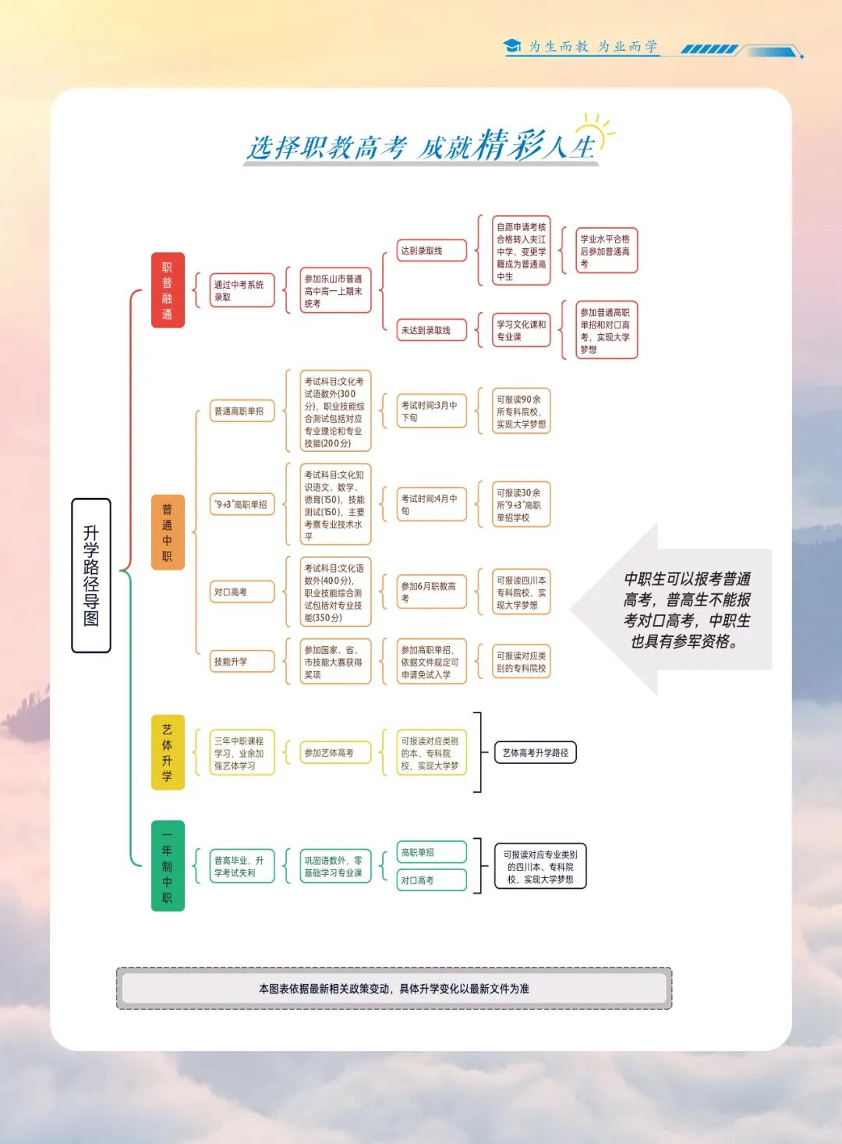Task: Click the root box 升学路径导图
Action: pos(90,575)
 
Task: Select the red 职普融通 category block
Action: pos(167,290)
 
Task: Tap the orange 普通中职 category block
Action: pos(167,532)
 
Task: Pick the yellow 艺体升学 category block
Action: pos(167,752)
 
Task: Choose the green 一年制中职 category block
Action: pos(167,865)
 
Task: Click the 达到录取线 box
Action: pos(431,250)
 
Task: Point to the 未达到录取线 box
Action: pos(431,330)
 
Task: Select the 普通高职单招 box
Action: pos(242,411)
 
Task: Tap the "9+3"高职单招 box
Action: pos(242,505)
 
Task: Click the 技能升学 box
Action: pos(242,661)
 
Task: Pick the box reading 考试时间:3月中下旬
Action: pos(431,411)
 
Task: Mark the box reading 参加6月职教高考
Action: pos(431,592)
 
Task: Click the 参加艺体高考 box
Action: pos(334,752)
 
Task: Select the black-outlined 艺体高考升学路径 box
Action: pos(535,752)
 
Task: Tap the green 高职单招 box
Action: pos(431,852)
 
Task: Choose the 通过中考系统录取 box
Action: pos(242,290)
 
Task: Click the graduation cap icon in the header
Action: pos(512,46)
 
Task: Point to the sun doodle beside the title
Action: pos(594,129)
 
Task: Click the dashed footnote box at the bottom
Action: pos(394,988)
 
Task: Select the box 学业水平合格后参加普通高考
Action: pos(606,250)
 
